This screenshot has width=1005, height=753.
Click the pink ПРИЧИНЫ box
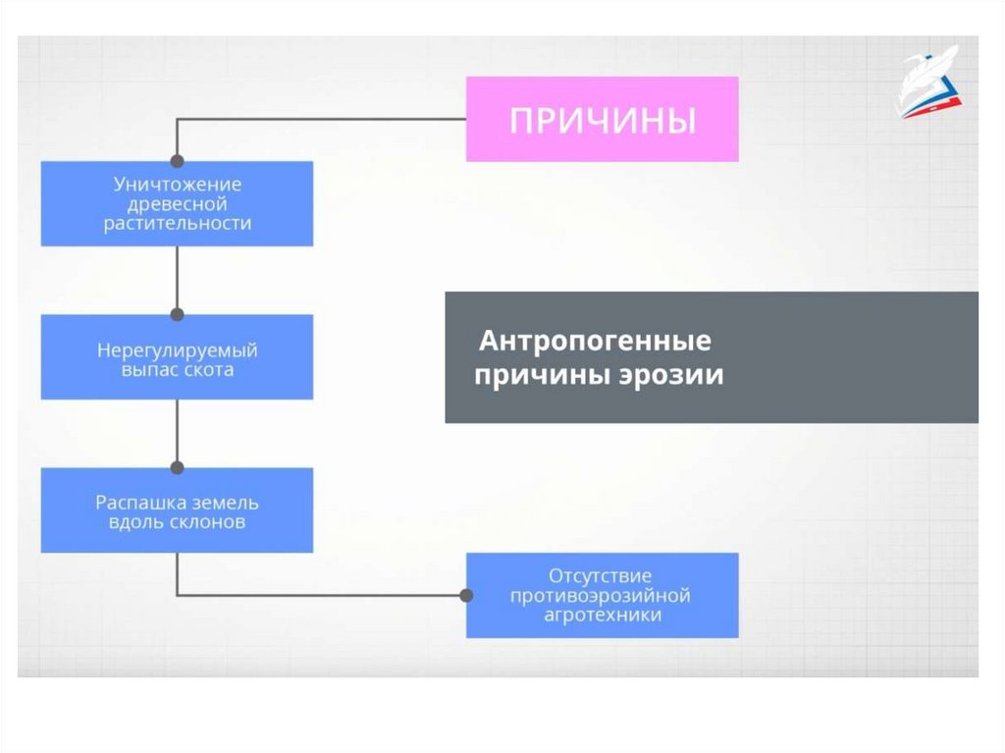pyautogui.click(x=602, y=120)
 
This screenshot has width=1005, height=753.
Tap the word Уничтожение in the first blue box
pyautogui.click(x=177, y=185)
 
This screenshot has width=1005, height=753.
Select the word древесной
pyautogui.click(x=177, y=204)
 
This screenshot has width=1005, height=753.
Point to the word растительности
pyautogui.click(x=177, y=223)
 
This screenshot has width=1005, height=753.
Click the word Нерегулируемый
pyautogui.click(x=177, y=350)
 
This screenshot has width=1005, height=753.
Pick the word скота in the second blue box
pyautogui.click(x=208, y=370)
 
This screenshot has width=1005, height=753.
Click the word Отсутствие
pyautogui.click(x=601, y=575)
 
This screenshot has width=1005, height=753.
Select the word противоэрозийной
pyautogui.click(x=601, y=595)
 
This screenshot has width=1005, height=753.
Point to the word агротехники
pyautogui.click(x=601, y=615)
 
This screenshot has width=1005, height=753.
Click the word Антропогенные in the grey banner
pyautogui.click(x=595, y=343)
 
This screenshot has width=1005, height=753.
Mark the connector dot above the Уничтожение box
pyautogui.click(x=177, y=160)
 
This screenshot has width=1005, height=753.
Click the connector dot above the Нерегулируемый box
pyautogui.click(x=177, y=314)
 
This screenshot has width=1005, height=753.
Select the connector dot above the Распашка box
pyautogui.click(x=177, y=467)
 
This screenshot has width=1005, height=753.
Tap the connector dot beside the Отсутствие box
pyautogui.click(x=466, y=595)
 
